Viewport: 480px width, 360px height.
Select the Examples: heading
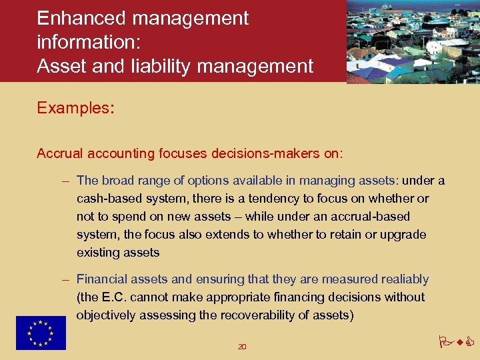(75, 108)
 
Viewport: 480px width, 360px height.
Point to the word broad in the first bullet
(117, 181)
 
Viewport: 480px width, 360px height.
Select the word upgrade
(403, 235)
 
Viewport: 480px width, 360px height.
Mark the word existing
(96, 253)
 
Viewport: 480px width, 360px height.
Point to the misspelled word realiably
(405, 279)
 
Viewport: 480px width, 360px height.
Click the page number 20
(242, 347)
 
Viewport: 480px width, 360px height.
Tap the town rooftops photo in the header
(413, 41)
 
